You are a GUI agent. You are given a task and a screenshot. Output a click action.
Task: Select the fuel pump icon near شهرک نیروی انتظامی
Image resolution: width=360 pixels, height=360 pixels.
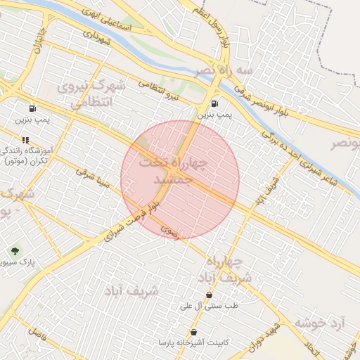[x=32, y=109]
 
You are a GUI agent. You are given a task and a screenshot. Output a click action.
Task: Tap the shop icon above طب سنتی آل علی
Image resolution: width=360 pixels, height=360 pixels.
[x=209, y=295]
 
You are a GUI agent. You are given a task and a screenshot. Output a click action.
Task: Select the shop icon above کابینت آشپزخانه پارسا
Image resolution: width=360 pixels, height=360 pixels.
[x=193, y=332]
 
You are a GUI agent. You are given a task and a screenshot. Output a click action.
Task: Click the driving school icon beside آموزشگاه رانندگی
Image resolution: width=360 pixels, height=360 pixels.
[x=25, y=140]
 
